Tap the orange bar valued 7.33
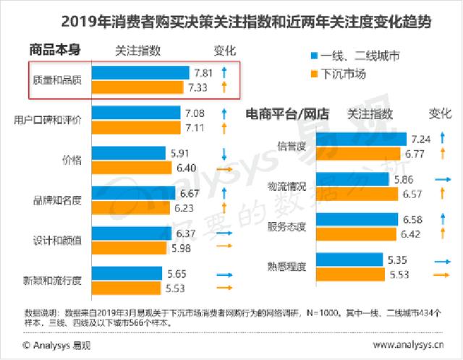(138, 87)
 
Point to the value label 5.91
(178, 153)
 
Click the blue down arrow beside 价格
(225, 153)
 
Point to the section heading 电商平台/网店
(287, 114)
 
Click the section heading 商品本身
(55, 51)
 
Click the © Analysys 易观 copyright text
(52, 345)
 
